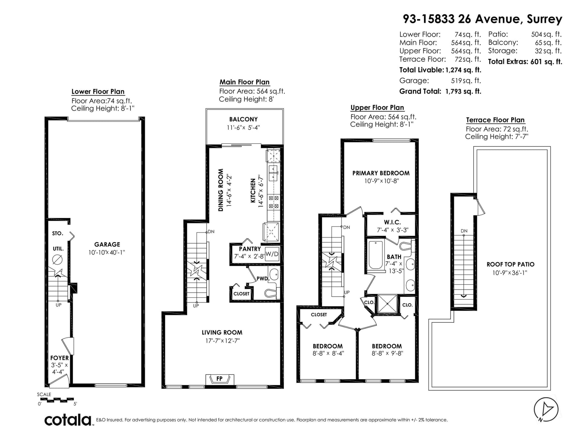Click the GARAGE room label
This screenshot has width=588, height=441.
pyautogui.click(x=107, y=244)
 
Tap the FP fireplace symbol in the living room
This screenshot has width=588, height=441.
pyautogui.click(x=219, y=379)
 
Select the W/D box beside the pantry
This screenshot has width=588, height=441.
pyautogui.click(x=272, y=254)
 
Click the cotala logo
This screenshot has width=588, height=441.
pyautogui.click(x=68, y=420)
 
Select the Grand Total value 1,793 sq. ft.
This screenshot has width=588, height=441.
pyautogui.click(x=463, y=91)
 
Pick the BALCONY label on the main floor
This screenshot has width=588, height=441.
pyautogui.click(x=243, y=119)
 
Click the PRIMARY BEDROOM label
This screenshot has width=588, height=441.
pyautogui.click(x=381, y=173)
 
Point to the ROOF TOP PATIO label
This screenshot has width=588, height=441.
pyautogui.click(x=510, y=264)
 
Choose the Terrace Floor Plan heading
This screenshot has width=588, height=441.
pyautogui.click(x=495, y=120)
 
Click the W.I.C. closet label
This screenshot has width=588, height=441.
pyautogui.click(x=392, y=222)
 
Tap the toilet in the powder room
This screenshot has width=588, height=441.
pyautogui.click(x=271, y=293)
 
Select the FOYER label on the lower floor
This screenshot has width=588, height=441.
pyautogui.click(x=60, y=358)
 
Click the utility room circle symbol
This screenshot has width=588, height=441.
pyautogui.click(x=57, y=259)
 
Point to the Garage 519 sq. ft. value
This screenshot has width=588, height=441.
pyautogui.click(x=466, y=80)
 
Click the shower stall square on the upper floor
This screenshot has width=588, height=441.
pyautogui.click(x=387, y=304)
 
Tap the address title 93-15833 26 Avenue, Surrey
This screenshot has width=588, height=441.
pyautogui.click(x=482, y=19)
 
